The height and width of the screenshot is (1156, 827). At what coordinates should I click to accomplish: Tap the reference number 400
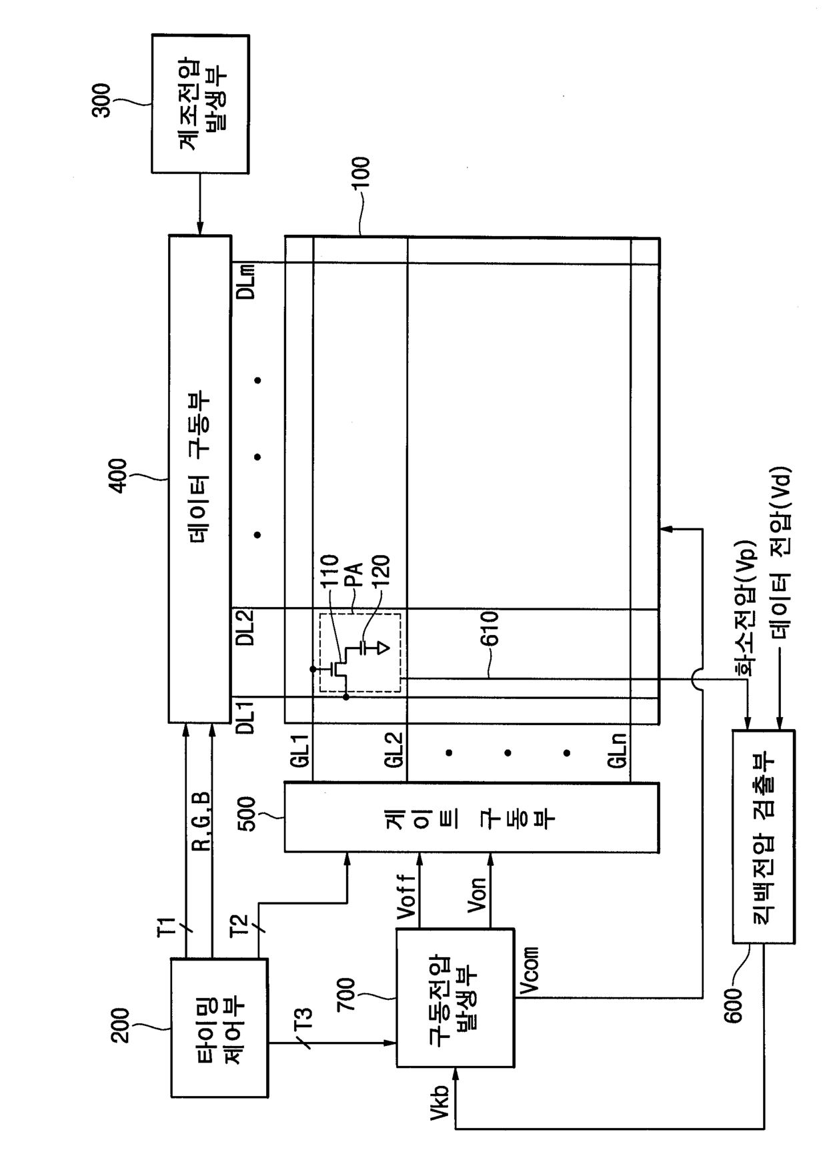[x=118, y=476]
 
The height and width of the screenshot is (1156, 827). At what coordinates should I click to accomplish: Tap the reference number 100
[x=361, y=175]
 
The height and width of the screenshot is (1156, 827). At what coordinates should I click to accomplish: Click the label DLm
[x=246, y=283]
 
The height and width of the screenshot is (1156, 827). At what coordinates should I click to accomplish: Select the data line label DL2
[x=246, y=628]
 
